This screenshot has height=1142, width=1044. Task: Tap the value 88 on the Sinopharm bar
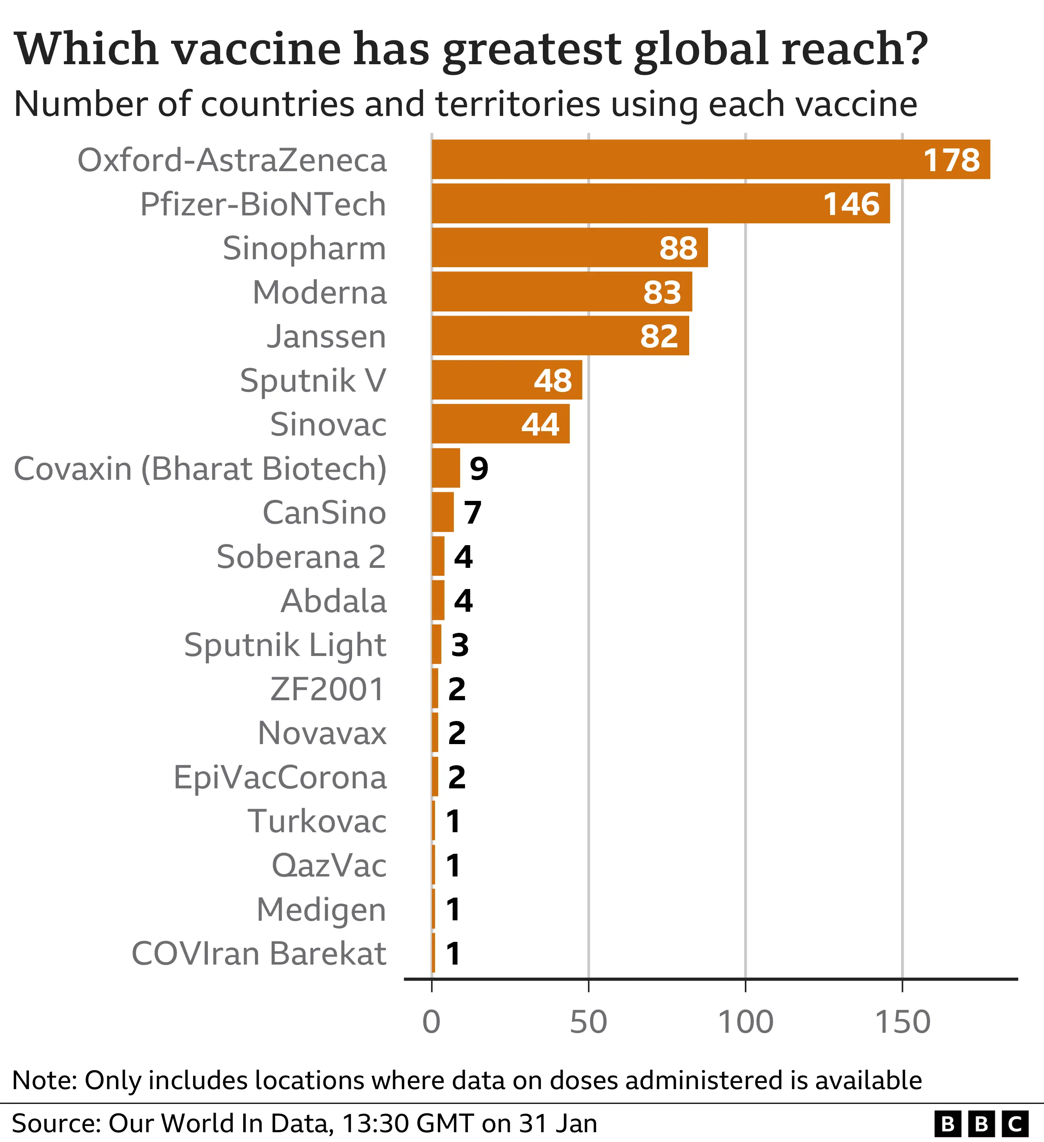click(x=678, y=248)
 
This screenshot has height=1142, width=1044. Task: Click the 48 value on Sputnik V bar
click(x=552, y=380)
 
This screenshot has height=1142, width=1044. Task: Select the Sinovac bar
click(x=500, y=424)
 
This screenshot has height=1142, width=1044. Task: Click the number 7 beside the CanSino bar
click(x=472, y=513)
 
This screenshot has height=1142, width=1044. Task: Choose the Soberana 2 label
click(x=301, y=557)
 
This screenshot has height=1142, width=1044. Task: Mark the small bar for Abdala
click(x=438, y=600)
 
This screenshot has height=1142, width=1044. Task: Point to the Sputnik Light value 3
click(x=459, y=645)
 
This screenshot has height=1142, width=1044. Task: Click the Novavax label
click(x=322, y=733)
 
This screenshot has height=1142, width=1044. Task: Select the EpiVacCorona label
click(x=280, y=777)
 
